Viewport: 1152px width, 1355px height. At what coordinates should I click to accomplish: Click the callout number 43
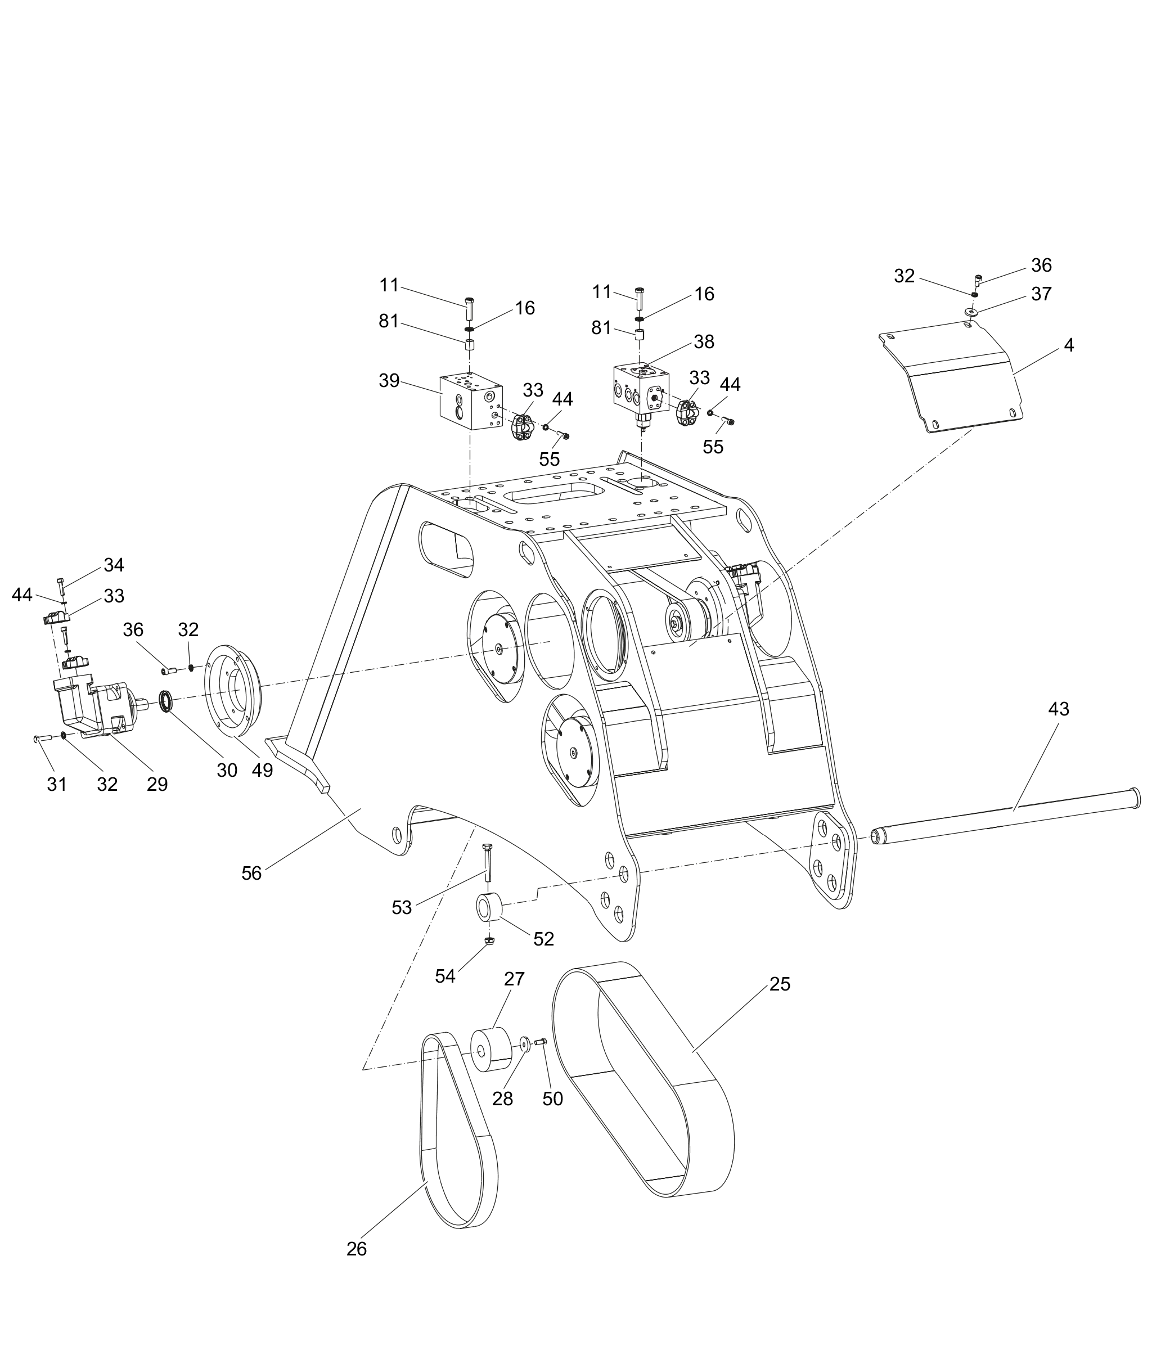[1058, 709]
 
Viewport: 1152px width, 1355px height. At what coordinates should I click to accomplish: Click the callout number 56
[251, 873]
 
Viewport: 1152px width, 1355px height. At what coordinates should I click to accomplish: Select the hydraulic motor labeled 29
[92, 705]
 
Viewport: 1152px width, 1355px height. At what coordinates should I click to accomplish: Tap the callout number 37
[1041, 294]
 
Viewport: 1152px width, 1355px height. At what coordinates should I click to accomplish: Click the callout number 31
[57, 784]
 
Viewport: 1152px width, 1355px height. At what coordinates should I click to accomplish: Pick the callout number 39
[389, 381]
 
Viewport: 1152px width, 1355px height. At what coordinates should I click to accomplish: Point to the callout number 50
[552, 1099]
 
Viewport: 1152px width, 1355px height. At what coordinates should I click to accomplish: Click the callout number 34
[114, 565]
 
